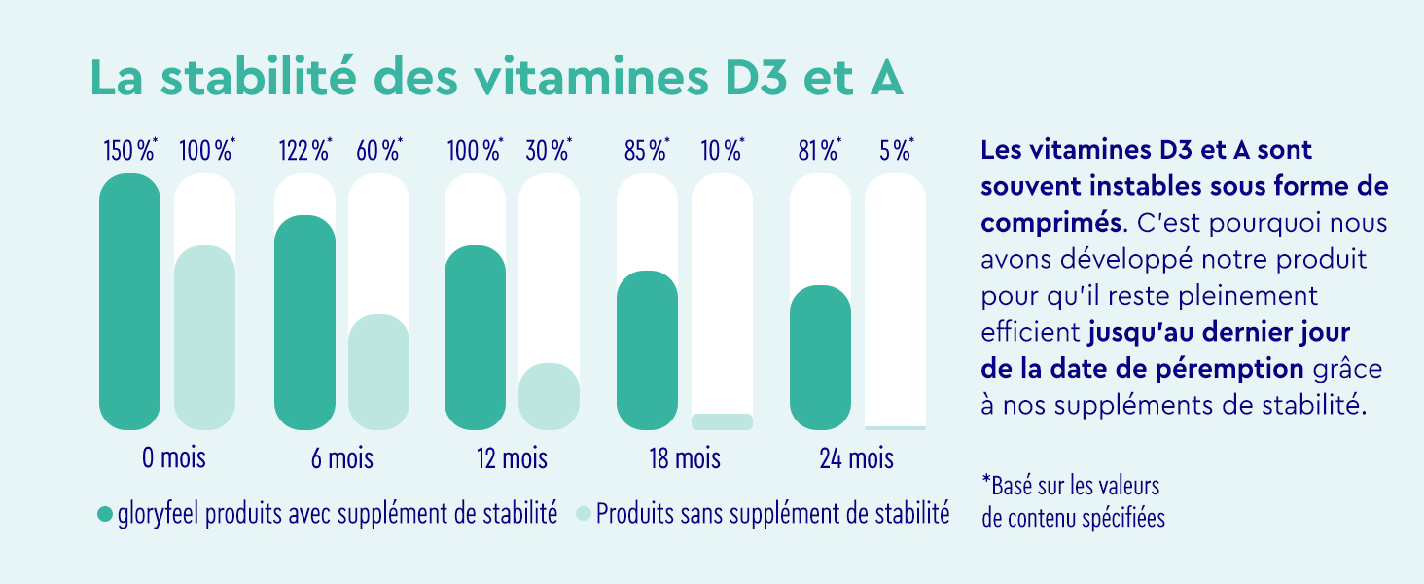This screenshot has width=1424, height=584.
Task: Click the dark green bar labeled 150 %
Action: pyautogui.click(x=129, y=302)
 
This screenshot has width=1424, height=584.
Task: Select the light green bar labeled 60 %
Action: pyautogui.click(x=378, y=372)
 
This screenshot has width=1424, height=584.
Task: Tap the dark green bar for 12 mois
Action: pyautogui.click(x=475, y=337)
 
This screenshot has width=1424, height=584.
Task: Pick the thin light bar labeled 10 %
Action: pyautogui.click(x=722, y=421)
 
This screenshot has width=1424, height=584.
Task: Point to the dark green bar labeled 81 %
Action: pyautogui.click(x=820, y=357)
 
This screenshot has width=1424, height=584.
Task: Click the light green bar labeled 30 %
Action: pyautogui.click(x=549, y=396)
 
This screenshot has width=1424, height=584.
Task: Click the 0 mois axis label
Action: pyautogui.click(x=174, y=457)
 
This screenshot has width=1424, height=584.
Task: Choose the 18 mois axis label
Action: pyautogui.click(x=685, y=457)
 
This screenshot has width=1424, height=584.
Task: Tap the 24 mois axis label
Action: pyautogui.click(x=857, y=457)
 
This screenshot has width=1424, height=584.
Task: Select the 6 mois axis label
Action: pyautogui.click(x=341, y=457)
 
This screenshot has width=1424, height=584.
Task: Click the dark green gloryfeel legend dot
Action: pyautogui.click(x=105, y=514)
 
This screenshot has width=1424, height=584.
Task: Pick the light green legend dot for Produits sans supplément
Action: pyautogui.click(x=584, y=514)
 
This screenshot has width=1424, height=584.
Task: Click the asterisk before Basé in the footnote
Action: pyautogui.click(x=987, y=481)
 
